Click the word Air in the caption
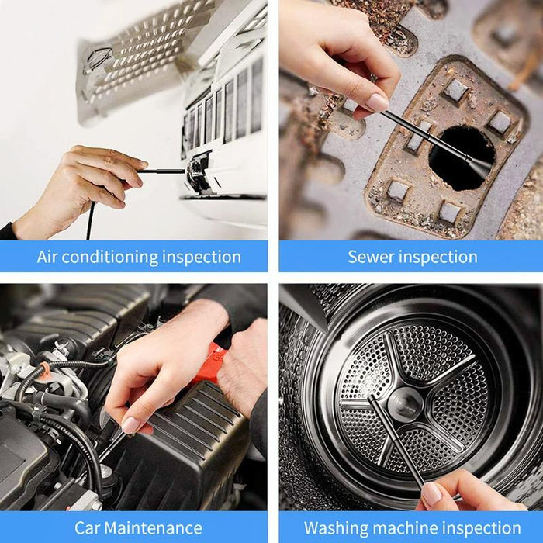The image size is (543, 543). click(x=48, y=258)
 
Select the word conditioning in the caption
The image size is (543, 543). click(x=113, y=258)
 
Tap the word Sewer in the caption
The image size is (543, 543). click(x=371, y=258)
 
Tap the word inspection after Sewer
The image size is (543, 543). click(x=438, y=258)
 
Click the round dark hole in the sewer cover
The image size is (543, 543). click(x=462, y=155)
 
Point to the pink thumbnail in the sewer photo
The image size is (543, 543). click(x=376, y=102)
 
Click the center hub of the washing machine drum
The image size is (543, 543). click(x=406, y=403)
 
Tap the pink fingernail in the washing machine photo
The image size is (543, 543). click(x=431, y=494)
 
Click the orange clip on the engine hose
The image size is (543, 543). click(x=45, y=367)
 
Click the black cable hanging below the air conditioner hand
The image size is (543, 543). click(x=90, y=221)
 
